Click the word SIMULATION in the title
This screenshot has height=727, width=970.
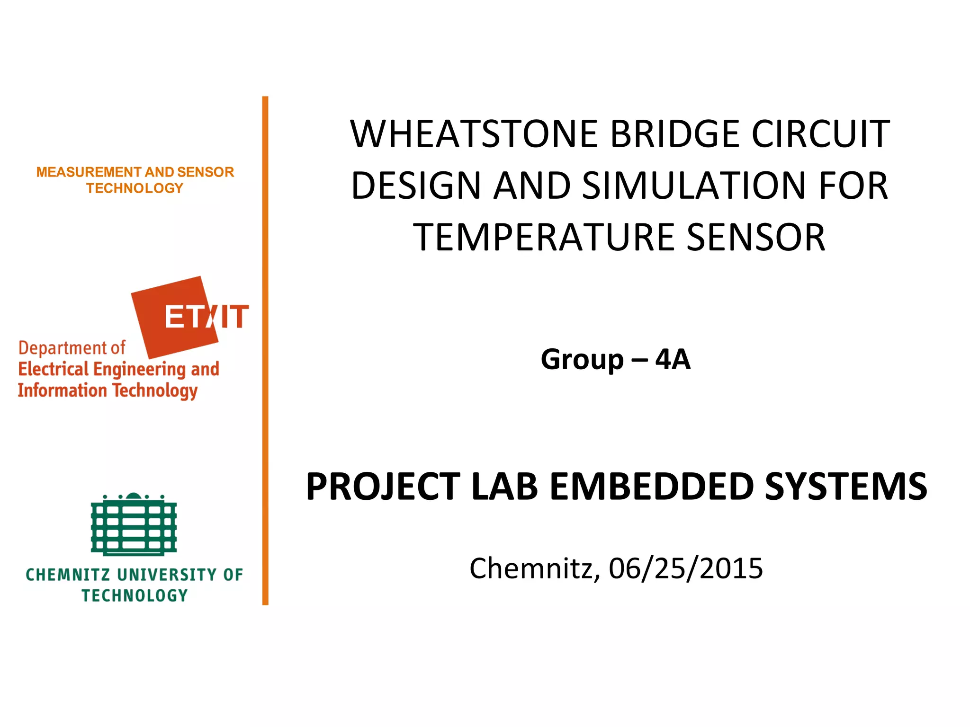(695, 186)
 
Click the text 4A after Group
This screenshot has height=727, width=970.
(673, 359)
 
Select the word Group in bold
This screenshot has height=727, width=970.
(582, 360)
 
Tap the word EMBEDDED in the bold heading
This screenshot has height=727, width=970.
(652, 487)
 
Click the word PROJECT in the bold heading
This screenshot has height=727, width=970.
(383, 487)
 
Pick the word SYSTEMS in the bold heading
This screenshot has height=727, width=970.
(846, 487)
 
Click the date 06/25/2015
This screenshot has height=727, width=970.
(686, 568)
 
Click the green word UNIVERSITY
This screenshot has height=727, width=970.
(167, 575)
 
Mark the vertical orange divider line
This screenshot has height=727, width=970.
(265, 350)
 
